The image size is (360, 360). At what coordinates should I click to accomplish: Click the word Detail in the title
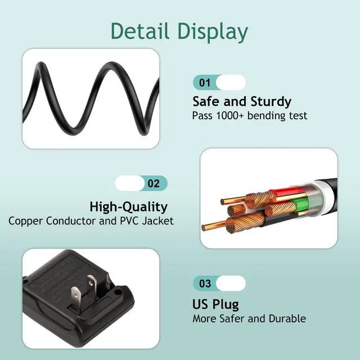[141, 31]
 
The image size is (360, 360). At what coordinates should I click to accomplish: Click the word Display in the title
[213, 32]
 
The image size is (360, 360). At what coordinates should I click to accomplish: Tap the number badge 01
[205, 83]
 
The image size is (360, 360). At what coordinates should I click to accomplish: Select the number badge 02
[154, 183]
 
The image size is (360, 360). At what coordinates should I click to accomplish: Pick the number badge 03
[205, 283]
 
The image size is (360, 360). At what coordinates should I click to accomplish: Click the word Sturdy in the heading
[269, 102]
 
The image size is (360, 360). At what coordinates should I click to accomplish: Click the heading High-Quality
[128, 206]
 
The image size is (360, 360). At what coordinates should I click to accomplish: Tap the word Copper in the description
[26, 220]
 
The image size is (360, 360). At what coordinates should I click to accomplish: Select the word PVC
[129, 220]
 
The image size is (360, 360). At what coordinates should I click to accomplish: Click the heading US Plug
[215, 304]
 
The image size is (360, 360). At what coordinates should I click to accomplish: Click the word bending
[269, 116]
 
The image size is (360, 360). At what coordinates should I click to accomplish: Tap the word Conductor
[71, 220]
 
